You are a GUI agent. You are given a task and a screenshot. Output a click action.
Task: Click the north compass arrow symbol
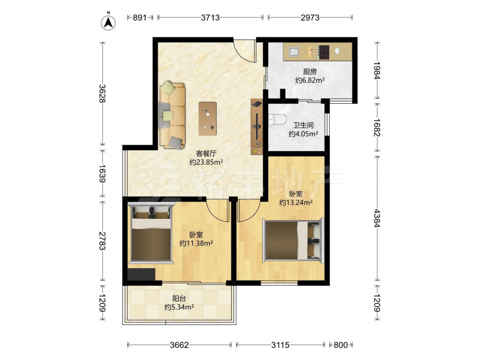[x=108, y=22]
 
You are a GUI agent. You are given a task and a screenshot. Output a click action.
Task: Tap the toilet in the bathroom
[x=277, y=119]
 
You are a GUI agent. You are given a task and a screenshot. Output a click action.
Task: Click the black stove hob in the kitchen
[x=324, y=52]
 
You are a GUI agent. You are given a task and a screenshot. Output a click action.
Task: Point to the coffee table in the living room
[x=207, y=119]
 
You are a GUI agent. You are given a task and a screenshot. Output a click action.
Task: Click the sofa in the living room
[x=172, y=115]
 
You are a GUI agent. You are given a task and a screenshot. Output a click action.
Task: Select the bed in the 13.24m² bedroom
[x=293, y=240]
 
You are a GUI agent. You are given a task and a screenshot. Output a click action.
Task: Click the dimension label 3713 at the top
[x=210, y=17]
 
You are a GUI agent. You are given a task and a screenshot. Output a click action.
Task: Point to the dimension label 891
[x=140, y=17]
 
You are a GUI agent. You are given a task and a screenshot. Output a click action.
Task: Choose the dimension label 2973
[x=310, y=17]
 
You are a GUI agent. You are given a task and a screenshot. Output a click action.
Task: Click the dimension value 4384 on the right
[x=377, y=218]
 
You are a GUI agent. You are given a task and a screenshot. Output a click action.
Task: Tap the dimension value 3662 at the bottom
[x=180, y=345]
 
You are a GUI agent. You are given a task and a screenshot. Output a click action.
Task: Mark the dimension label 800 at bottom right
[x=340, y=345]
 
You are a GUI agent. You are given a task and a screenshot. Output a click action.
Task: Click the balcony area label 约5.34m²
[x=179, y=307]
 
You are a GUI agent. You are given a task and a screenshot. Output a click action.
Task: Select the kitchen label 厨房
[x=310, y=72]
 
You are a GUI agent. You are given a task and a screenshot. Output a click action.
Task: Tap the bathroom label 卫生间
[x=303, y=125]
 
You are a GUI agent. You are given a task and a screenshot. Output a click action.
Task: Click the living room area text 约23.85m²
[x=206, y=162]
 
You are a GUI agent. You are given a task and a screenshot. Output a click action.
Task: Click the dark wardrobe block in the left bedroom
[x=142, y=275]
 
